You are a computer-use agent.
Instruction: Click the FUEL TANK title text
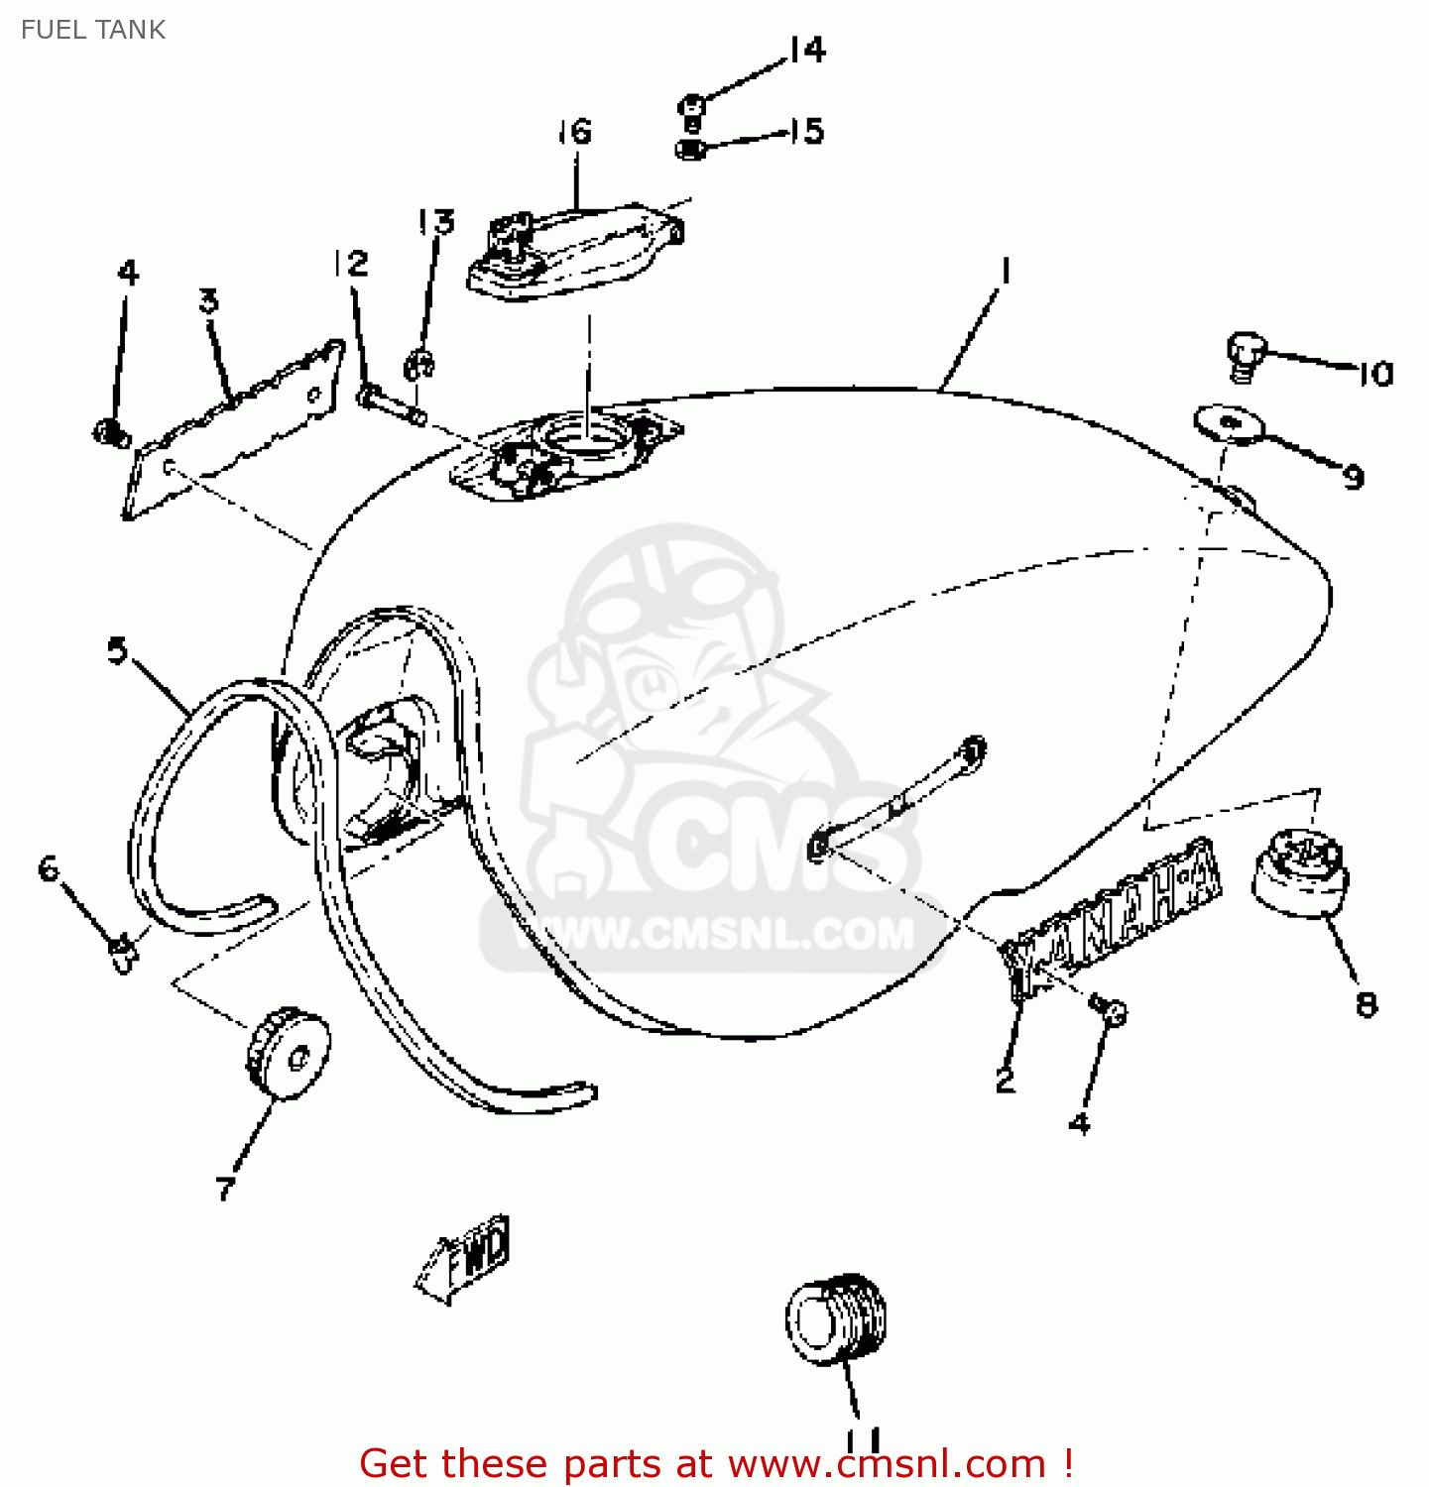[93, 30]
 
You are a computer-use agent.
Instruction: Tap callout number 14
[808, 50]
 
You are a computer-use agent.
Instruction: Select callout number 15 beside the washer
[807, 131]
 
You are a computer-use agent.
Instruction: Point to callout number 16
[574, 131]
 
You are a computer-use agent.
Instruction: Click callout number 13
[436, 222]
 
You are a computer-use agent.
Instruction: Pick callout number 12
[350, 263]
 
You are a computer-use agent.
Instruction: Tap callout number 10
[1375, 374]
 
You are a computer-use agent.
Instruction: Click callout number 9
[1354, 477]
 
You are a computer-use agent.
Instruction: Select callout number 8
[1367, 1005]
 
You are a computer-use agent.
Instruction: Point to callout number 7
[226, 1187]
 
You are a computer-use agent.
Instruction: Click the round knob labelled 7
[289, 1053]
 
